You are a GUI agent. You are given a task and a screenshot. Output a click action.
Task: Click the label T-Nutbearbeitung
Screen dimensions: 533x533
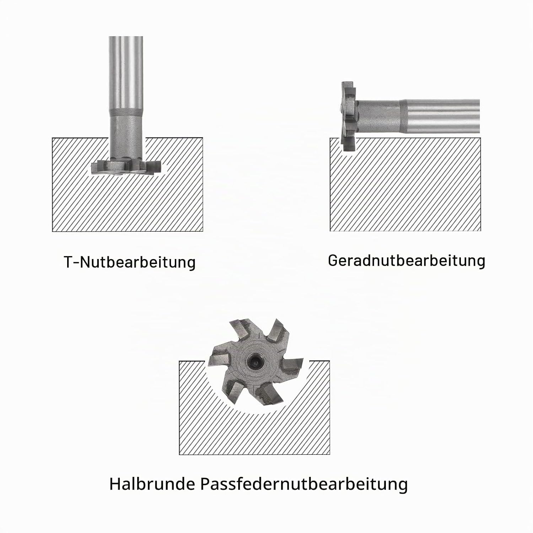130,263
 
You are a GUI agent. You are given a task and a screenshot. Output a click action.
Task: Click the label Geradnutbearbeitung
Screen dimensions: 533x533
407,260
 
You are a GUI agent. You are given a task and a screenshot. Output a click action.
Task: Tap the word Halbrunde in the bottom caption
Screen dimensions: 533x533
152,484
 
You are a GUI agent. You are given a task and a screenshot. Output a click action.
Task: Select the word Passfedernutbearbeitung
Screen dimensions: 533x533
304,484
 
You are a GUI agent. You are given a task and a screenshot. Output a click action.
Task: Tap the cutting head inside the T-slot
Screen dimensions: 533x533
126,168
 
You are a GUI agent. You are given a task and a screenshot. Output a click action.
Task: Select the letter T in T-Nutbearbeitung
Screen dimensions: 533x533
69,262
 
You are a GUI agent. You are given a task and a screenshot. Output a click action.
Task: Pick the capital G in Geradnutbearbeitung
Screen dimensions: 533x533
333,260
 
